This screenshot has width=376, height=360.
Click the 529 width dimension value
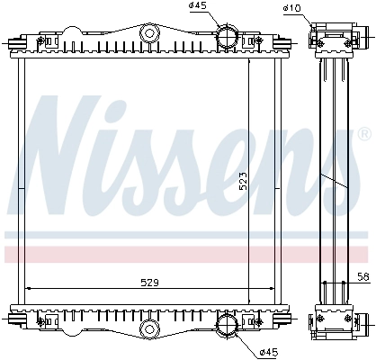point(149,283)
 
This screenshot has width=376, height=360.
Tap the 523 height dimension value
point(243,181)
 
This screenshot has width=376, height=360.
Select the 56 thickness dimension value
point(363,276)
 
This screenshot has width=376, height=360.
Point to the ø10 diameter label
point(291,8)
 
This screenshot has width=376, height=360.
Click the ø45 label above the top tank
point(198,5)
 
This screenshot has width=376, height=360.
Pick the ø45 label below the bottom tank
point(269,351)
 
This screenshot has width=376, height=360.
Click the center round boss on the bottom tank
point(149,328)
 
